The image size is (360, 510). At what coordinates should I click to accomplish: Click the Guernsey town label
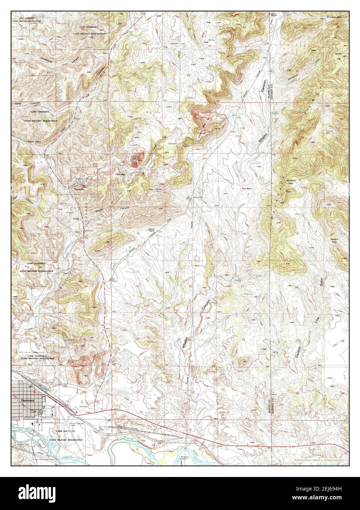pyautogui.click(x=28, y=400)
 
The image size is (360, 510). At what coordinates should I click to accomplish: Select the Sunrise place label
pyautogui.click(x=121, y=174)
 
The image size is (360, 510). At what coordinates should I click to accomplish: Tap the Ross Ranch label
pyautogui.click(x=247, y=189)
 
